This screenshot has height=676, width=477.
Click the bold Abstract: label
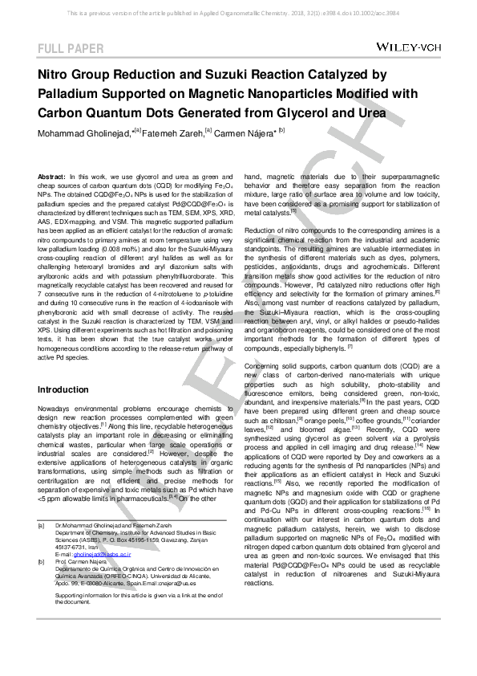(52, 175)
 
